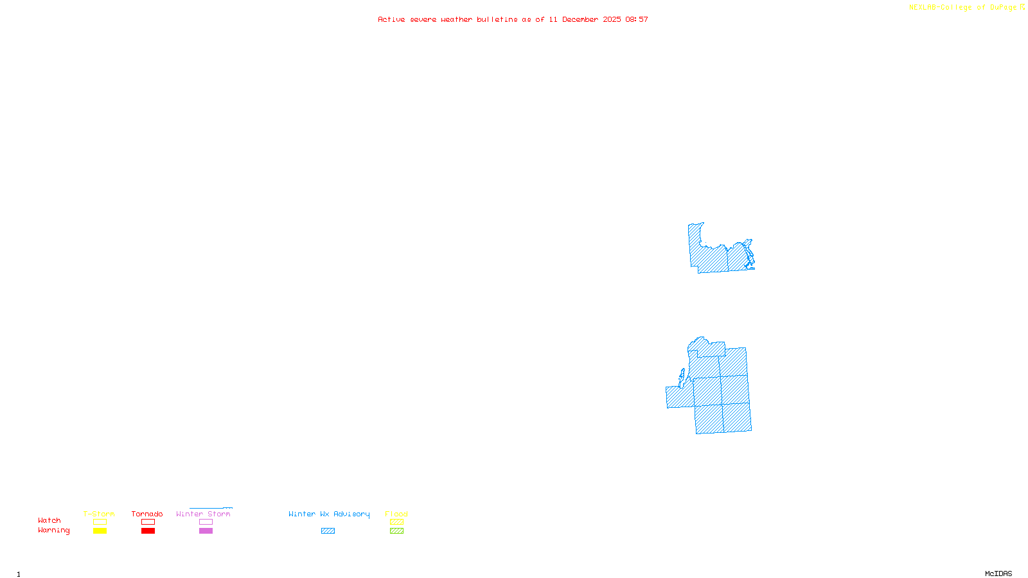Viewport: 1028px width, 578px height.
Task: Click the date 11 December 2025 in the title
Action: (584, 20)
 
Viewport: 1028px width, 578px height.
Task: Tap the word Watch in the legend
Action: (49, 521)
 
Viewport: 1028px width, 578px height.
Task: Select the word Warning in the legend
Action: (53, 530)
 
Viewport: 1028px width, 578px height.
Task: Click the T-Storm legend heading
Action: (99, 514)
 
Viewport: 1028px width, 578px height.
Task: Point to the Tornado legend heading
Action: (147, 514)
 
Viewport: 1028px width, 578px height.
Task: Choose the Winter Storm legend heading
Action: (203, 514)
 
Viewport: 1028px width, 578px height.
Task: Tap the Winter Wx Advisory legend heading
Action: (329, 514)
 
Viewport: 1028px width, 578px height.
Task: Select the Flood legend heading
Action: (396, 514)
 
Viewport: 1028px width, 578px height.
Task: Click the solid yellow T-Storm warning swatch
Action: (100, 531)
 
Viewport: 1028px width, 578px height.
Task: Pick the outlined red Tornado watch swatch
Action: (148, 522)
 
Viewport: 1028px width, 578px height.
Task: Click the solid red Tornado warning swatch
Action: (148, 531)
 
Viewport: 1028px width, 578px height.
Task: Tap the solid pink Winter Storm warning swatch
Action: (206, 531)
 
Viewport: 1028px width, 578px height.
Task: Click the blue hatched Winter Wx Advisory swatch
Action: (328, 531)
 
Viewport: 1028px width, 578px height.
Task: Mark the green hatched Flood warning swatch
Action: (396, 531)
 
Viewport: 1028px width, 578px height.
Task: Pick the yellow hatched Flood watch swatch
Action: (396, 522)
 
